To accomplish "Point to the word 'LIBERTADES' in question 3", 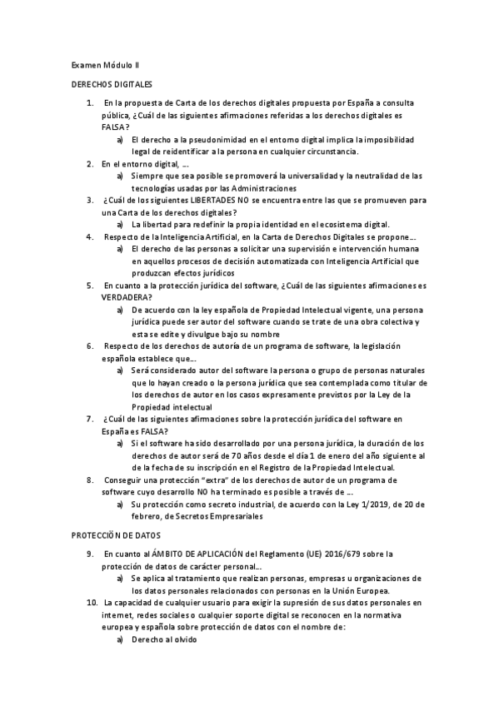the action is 215,201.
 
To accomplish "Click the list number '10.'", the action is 92,601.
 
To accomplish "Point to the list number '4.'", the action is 90,236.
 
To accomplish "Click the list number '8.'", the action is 90,480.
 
